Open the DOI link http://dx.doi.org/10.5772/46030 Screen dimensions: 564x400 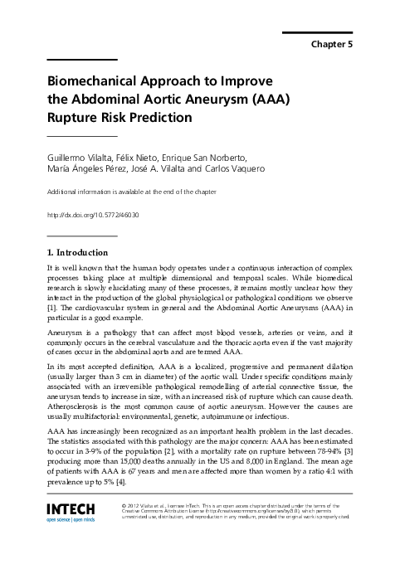[x=94, y=215]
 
